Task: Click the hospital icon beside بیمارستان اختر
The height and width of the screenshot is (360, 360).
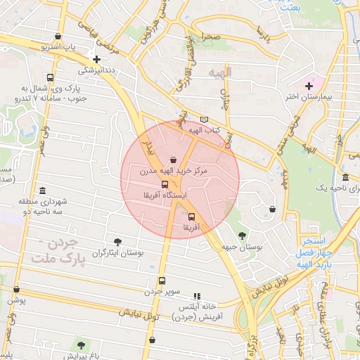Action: point(308,86)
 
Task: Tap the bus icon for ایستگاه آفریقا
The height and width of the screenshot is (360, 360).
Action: point(165,185)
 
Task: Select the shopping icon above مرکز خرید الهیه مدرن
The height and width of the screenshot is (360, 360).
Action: point(173,160)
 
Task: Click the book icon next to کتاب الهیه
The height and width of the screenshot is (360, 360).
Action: point(204,120)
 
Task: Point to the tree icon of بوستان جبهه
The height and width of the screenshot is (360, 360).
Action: point(243,236)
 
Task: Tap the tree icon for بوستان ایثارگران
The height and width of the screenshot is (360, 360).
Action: point(117,241)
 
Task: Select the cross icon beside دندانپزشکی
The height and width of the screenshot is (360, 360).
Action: point(96,59)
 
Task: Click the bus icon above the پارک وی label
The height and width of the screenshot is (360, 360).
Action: point(49,77)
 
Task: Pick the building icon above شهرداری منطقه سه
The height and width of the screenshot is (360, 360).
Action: point(43,191)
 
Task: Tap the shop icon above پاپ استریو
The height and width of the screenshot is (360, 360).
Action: point(57,37)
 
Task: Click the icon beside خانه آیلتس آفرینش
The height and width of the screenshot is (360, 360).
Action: point(197,296)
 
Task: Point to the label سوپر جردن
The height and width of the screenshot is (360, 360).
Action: point(163,291)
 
